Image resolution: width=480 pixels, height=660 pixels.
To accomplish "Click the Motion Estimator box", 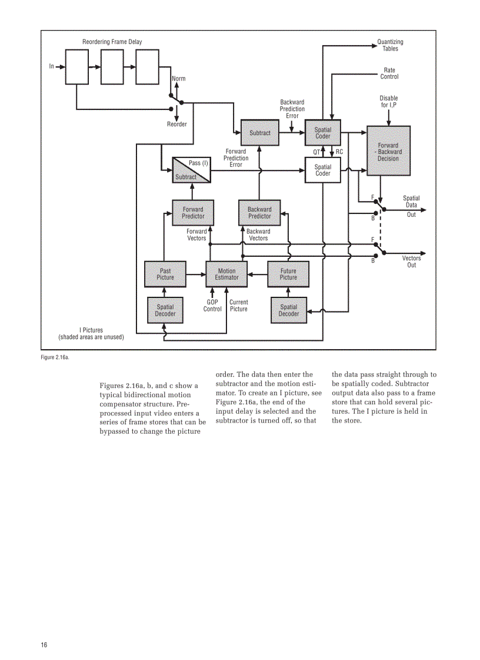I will [226, 274].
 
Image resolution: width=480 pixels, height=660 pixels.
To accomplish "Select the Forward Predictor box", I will [193, 213].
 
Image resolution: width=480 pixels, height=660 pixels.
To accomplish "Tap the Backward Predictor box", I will [259, 213].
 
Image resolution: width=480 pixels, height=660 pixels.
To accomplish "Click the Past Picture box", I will [165, 274].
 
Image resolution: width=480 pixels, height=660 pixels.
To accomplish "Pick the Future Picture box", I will [288, 274].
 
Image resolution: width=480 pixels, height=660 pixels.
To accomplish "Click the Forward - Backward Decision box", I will [388, 151].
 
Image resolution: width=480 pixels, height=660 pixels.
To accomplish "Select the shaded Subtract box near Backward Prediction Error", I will [260, 133].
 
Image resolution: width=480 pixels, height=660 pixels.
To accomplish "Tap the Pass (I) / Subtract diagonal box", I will [192, 170].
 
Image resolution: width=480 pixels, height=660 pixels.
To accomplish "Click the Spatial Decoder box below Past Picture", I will [165, 310].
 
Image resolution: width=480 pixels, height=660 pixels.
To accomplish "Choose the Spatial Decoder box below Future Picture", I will [288, 310].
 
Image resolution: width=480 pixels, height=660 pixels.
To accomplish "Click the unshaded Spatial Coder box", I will [323, 170].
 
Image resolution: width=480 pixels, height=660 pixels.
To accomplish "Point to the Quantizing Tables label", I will [390, 45].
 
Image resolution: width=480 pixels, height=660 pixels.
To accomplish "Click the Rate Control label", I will [389, 73].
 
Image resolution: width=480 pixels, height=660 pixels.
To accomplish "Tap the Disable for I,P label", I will [388, 102].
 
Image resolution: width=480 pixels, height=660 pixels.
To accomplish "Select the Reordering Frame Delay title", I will [112, 42].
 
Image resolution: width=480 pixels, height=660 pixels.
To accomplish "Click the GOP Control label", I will [212, 306].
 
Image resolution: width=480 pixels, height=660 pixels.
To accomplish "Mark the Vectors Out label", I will [411, 262].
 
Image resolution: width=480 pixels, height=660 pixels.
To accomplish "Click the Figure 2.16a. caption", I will [55, 357].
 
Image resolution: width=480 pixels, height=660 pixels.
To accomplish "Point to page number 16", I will [44, 645].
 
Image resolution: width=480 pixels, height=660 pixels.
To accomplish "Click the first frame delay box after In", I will [76, 67].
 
